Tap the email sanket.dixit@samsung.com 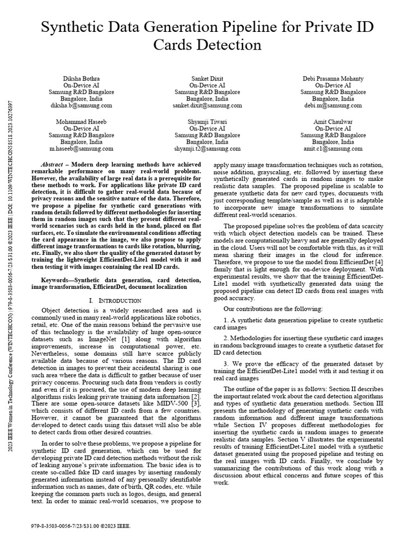click(x=207, y=106)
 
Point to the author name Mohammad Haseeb click(x=81, y=121)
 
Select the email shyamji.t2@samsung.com click(x=207, y=149)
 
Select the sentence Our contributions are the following click(x=273, y=308)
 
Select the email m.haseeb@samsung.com click(x=81, y=149)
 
